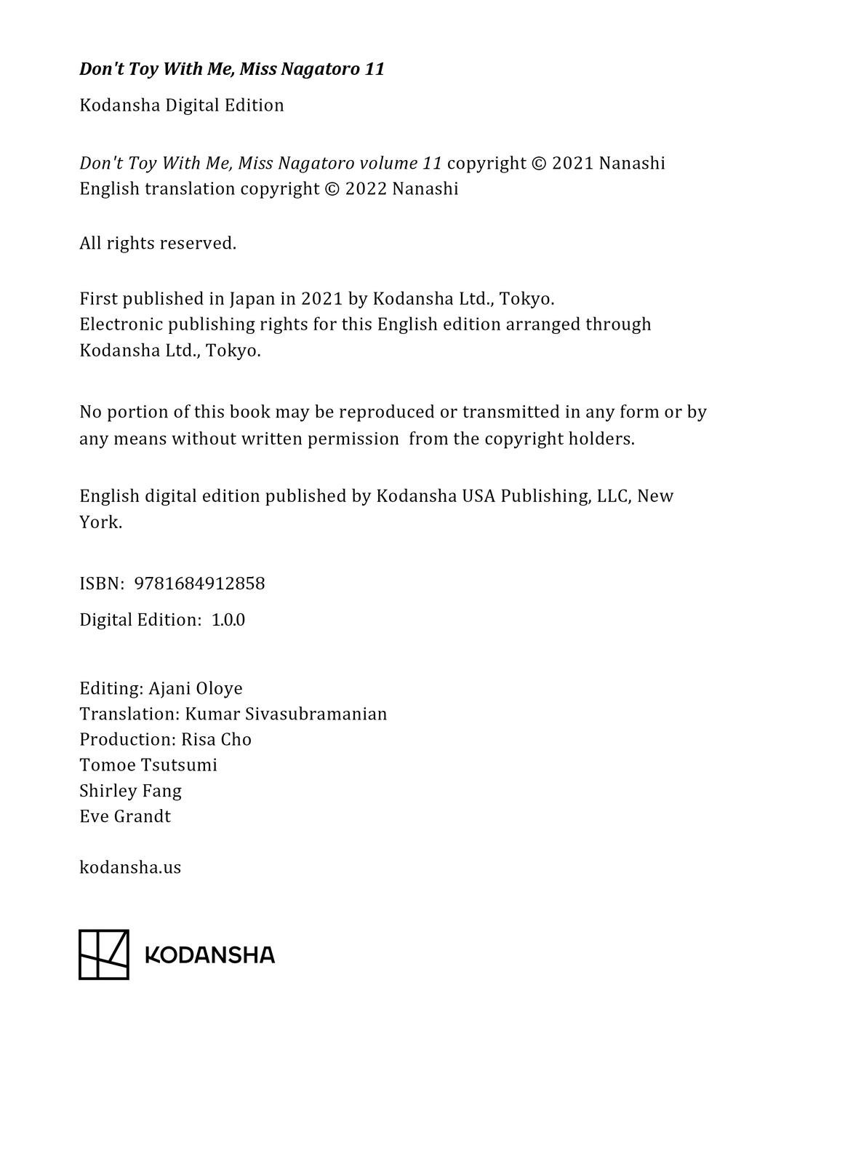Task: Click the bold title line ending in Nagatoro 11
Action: coord(231,69)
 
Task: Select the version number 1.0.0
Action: coord(228,620)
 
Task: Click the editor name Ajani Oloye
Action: coord(196,688)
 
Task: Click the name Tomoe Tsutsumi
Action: coord(148,765)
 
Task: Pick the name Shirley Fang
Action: coord(130,790)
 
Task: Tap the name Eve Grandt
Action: coord(125,816)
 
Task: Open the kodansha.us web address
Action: coord(130,867)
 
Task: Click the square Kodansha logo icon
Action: coord(103,954)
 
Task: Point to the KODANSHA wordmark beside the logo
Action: coord(210,954)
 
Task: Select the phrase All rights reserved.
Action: coord(158,243)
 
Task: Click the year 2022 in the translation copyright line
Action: coord(366,189)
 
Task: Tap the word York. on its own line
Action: coord(100,522)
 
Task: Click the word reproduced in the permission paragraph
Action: coord(387,412)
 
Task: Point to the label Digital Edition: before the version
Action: coord(140,620)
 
